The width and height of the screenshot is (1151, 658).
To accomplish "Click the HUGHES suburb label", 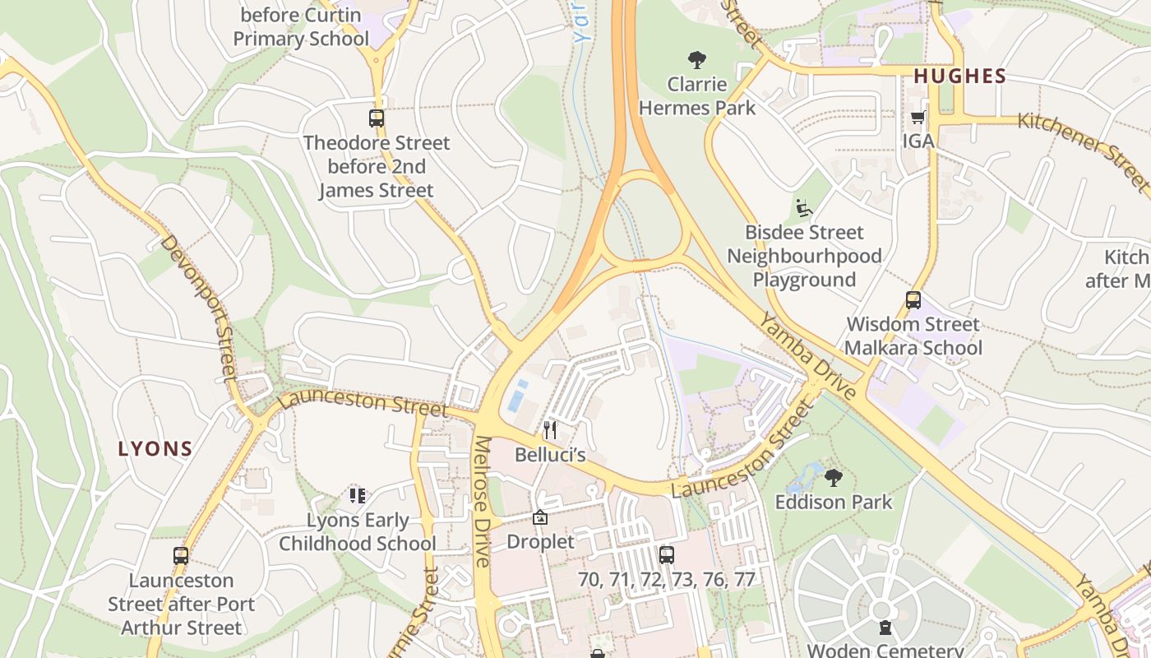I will (x=959, y=76).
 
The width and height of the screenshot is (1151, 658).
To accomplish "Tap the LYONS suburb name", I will (x=155, y=449).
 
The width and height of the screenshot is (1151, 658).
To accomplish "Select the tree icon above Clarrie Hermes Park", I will (x=697, y=59).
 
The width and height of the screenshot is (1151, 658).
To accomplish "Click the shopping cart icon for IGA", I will (x=918, y=117).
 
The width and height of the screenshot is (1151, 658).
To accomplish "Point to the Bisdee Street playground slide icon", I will (x=803, y=208).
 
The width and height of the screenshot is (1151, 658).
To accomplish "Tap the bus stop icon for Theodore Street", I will (x=377, y=118).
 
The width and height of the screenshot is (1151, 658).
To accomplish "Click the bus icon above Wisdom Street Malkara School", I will (x=913, y=300).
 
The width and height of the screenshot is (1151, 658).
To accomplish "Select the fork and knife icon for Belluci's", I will (x=550, y=429).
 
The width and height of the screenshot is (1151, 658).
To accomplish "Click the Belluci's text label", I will (x=550, y=454).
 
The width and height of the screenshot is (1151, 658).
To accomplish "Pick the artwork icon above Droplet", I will (x=540, y=517).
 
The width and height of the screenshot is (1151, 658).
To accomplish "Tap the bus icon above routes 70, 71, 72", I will (x=666, y=554).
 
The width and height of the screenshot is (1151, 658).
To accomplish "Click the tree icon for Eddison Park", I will (x=833, y=477).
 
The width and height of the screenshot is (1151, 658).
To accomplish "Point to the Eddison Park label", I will (x=834, y=501).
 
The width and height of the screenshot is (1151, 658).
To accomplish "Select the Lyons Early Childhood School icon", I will (x=357, y=495).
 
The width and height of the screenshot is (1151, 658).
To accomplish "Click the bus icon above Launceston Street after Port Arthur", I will (x=181, y=556).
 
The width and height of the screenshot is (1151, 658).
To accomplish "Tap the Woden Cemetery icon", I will (x=885, y=628).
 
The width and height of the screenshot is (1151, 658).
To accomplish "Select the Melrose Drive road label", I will (x=482, y=502).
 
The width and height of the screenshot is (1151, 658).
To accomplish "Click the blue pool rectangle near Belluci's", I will (x=517, y=396).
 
